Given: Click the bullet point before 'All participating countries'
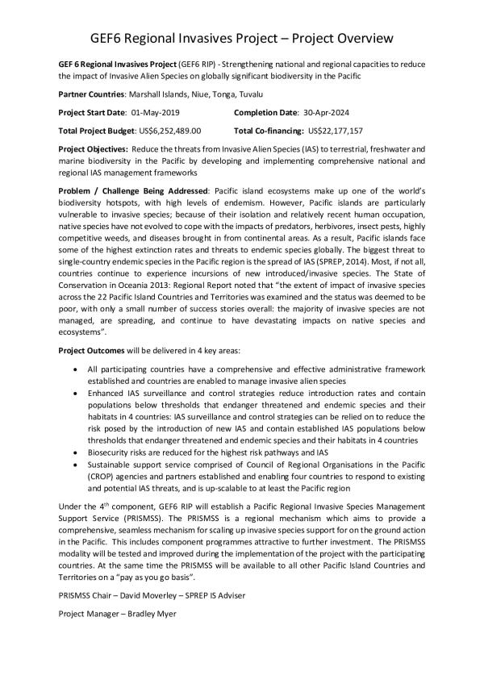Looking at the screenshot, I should [x=75, y=369].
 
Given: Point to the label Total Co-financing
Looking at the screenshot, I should [x=269, y=130].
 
